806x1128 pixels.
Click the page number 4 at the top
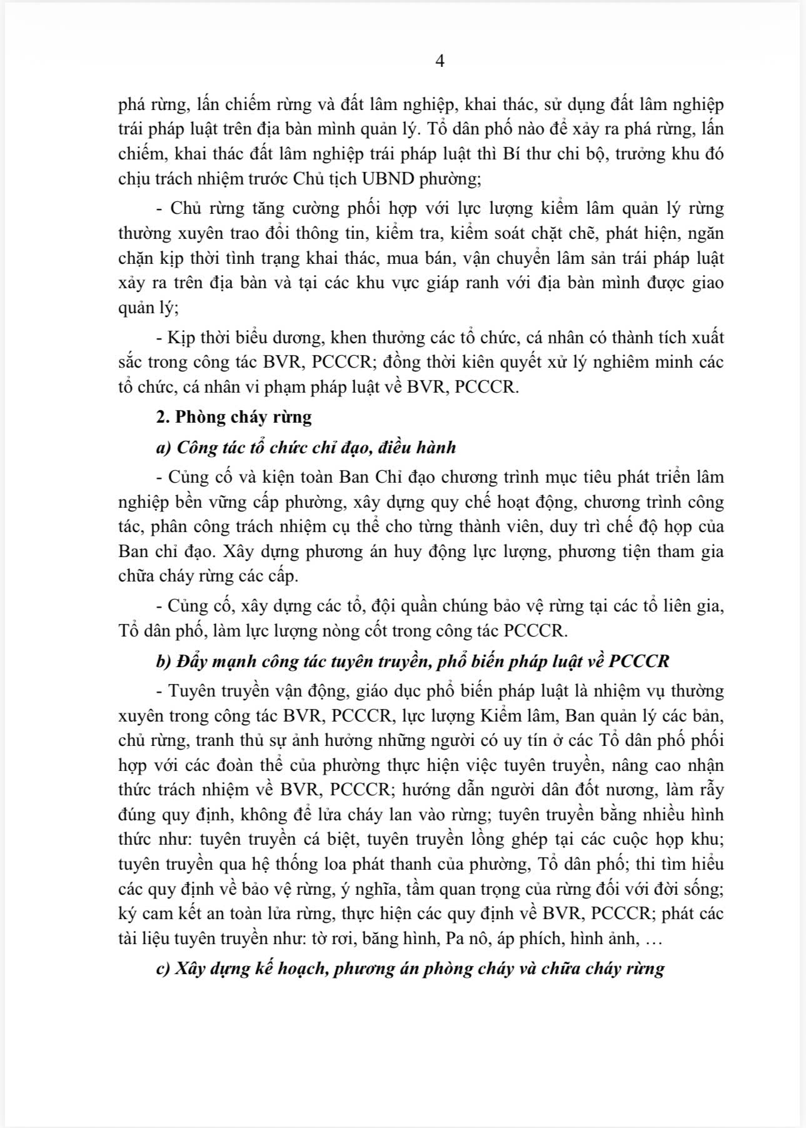440,61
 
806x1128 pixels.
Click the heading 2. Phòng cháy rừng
234,416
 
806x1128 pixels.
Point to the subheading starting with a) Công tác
306,448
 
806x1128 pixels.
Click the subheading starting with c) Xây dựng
410,969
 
